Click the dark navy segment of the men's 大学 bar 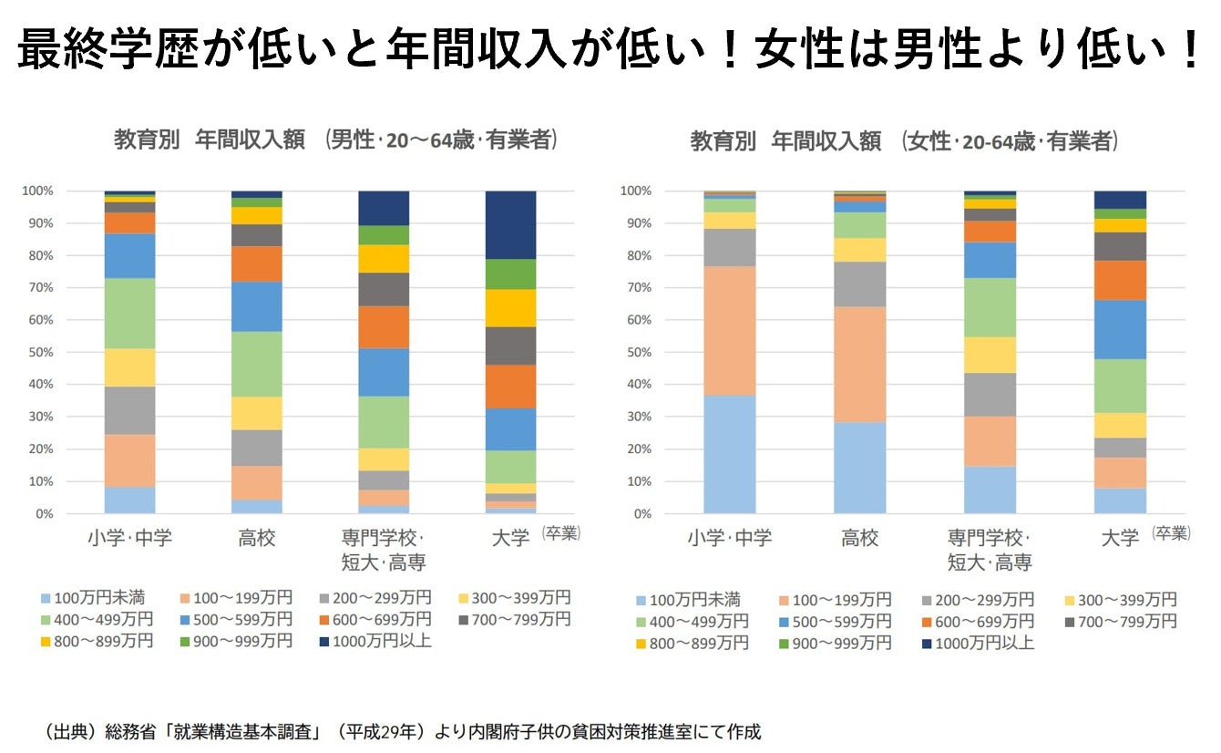pyautogui.click(x=510, y=224)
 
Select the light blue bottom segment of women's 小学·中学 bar pyautogui.click(x=730, y=454)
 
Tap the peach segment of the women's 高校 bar pyautogui.click(x=859, y=364)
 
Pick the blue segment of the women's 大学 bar pyautogui.click(x=1120, y=329)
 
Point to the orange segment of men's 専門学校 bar pyautogui.click(x=384, y=326)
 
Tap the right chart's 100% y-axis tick pyautogui.click(x=638, y=191)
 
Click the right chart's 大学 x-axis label pyautogui.click(x=1120, y=538)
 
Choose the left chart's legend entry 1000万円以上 pyautogui.click(x=375, y=642)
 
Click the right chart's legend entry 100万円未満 pyautogui.click(x=689, y=600)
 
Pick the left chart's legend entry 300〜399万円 pyautogui.click(x=518, y=598)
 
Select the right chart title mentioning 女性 pyautogui.click(x=903, y=141)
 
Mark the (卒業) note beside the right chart pyautogui.click(x=1171, y=533)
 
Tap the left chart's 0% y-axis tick pyautogui.click(x=44, y=514)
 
